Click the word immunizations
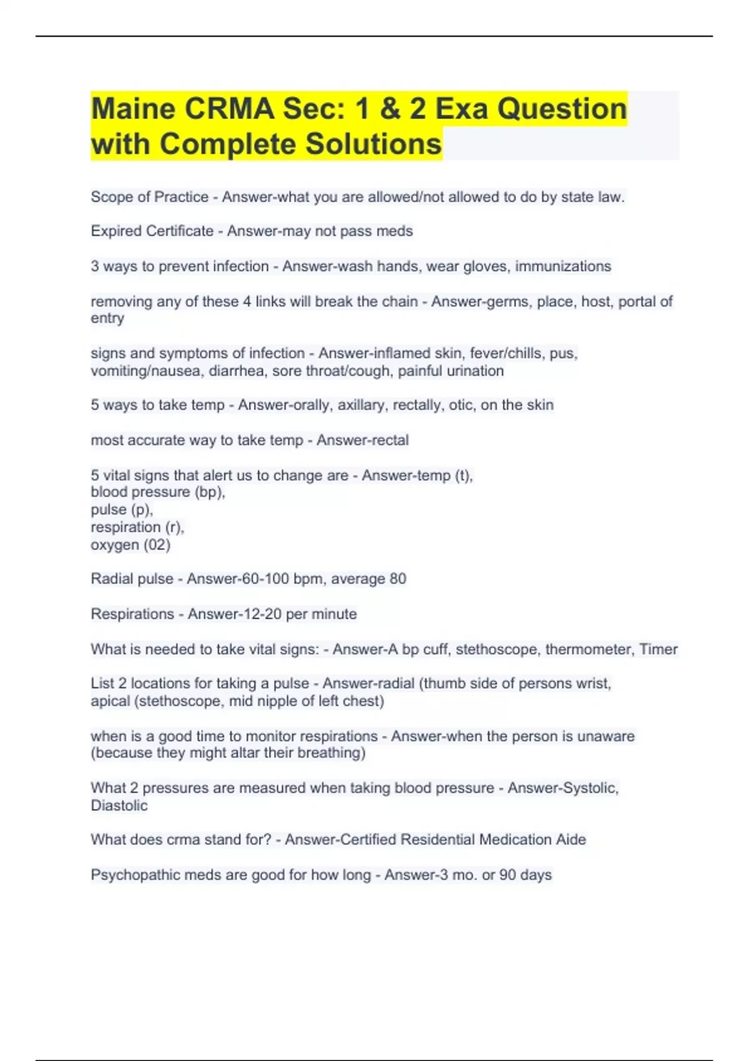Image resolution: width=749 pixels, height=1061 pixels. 562,266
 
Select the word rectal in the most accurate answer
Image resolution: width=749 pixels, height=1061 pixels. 388,440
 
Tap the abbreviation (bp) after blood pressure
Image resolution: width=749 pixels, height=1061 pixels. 210,492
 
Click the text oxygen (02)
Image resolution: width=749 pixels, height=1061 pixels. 130,545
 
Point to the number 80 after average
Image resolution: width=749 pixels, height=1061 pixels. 398,579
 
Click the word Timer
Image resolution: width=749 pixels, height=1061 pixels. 658,649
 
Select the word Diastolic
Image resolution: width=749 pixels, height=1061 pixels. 119,806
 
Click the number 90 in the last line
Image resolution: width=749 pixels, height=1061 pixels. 507,875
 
